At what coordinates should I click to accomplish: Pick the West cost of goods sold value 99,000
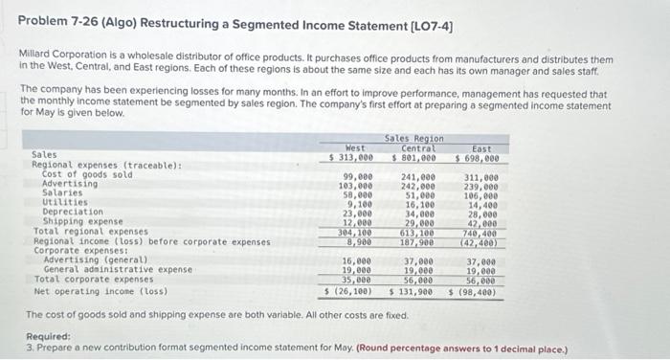[x=357, y=177]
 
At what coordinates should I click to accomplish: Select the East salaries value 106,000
[x=481, y=194]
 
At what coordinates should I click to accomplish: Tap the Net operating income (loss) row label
[x=100, y=291]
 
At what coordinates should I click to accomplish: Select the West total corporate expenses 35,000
[x=357, y=281]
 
